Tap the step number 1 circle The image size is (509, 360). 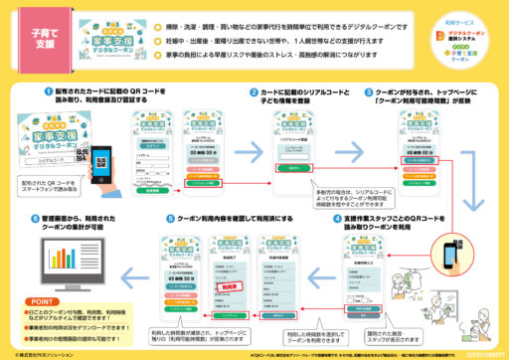pos(48,91)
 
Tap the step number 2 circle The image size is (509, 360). pos(254,91)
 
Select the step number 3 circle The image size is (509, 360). pos(368,91)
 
